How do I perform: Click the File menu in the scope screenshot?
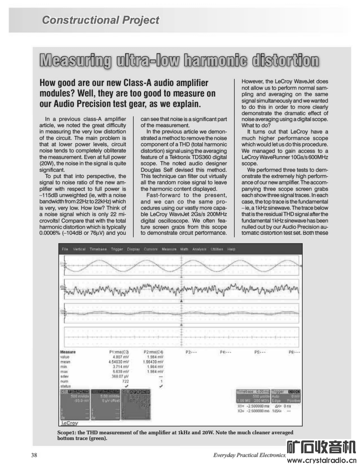pos(65,249)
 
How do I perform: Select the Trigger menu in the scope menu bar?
pos(117,249)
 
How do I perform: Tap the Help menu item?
pos(232,249)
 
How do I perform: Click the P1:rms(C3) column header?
pos(119,352)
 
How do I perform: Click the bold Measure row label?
pos(67,352)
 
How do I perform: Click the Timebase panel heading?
pos(253,391)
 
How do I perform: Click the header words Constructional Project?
pos(100,20)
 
